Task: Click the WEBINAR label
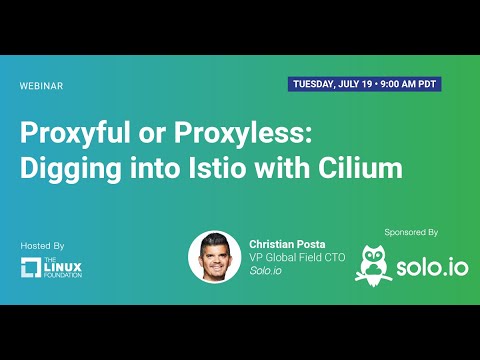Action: pyautogui.click(x=42, y=86)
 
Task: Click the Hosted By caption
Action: pyautogui.click(x=42, y=245)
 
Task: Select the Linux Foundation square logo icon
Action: pyautogui.click(x=32, y=268)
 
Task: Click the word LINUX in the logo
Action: pyautogui.click(x=66, y=266)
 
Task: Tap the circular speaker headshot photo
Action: pyautogui.click(x=214, y=257)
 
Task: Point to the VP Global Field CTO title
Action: pyautogui.click(x=296, y=258)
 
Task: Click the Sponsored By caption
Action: pyautogui.click(x=411, y=231)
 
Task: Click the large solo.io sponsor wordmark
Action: pyautogui.click(x=430, y=269)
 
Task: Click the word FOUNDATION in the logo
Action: pyautogui.click(x=66, y=275)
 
